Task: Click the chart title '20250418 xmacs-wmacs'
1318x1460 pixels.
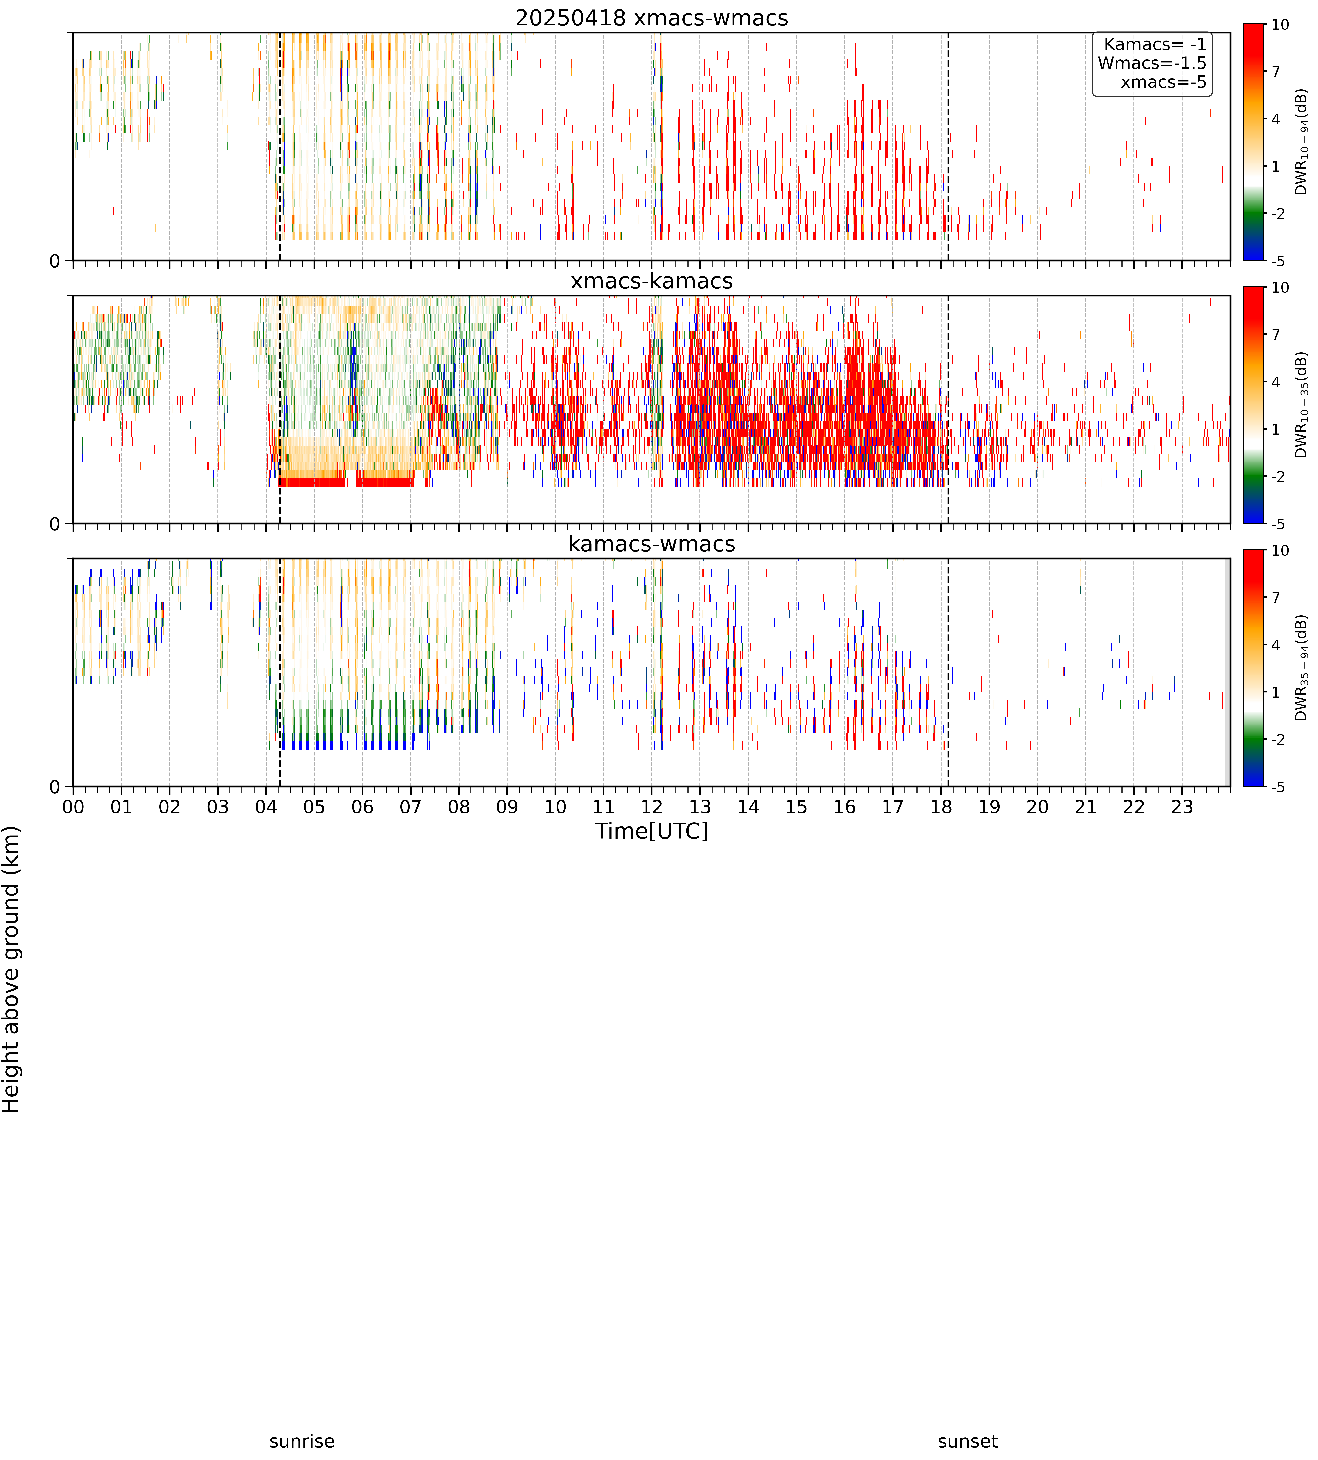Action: (x=652, y=18)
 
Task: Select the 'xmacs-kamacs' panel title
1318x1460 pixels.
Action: (x=652, y=281)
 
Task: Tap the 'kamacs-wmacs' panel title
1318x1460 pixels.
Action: (x=652, y=544)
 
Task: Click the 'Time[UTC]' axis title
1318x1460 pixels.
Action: (x=652, y=831)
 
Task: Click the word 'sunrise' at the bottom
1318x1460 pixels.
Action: (x=302, y=1441)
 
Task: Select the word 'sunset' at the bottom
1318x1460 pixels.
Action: (x=968, y=1441)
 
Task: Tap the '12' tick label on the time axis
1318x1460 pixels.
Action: (x=652, y=807)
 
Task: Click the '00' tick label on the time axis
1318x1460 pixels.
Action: (x=73, y=807)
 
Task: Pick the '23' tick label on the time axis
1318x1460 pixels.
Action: (x=1182, y=807)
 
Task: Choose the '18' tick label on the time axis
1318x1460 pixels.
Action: (x=941, y=807)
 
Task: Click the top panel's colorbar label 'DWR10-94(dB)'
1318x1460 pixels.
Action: (x=1301, y=142)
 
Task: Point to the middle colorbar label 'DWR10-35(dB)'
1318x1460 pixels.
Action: (x=1301, y=405)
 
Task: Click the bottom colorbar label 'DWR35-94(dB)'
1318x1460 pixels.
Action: (x=1301, y=668)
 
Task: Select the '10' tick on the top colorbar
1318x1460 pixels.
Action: (x=1280, y=25)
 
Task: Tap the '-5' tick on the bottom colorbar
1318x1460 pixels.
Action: (x=1278, y=786)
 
